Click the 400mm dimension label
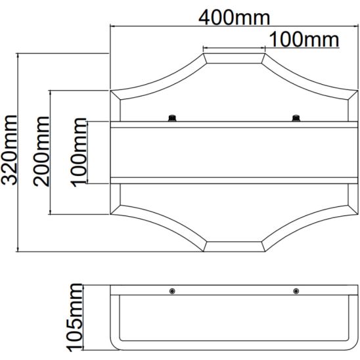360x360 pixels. [x=234, y=18]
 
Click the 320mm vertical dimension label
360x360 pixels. [x=9, y=150]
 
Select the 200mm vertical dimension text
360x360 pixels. [x=41, y=152]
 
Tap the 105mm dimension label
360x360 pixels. [x=75, y=317]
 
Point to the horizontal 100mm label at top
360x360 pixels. [x=304, y=39]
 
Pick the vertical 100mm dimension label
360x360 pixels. [x=79, y=152]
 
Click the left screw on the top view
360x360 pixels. [x=172, y=118]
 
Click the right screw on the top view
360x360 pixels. [x=296, y=118]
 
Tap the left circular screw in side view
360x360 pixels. [x=172, y=292]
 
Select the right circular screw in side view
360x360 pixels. [x=296, y=292]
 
